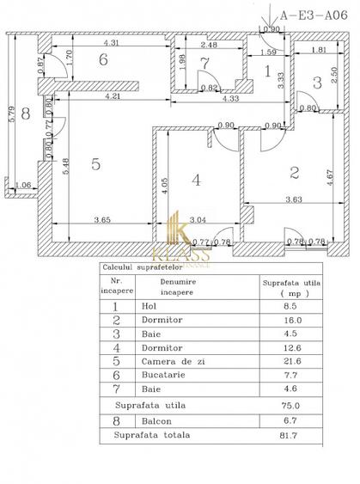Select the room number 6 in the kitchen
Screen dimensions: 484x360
102,59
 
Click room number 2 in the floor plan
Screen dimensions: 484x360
294,173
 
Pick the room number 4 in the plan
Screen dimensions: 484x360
196,181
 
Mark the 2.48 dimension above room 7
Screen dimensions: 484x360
206,44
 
